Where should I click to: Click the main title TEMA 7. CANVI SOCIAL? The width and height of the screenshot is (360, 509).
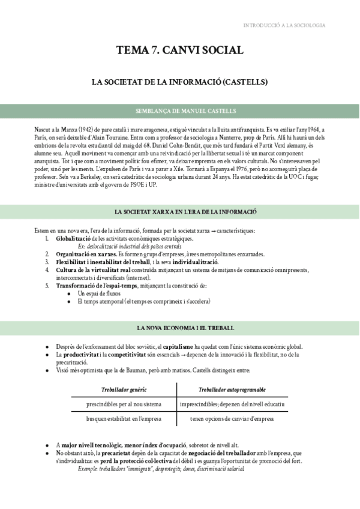point(179,50)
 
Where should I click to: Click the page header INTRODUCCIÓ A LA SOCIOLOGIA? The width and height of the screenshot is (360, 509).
point(284,25)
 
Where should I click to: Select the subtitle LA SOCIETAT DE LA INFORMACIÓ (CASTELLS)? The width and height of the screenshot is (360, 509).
point(179,82)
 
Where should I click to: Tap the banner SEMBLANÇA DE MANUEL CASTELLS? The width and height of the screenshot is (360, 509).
point(179,111)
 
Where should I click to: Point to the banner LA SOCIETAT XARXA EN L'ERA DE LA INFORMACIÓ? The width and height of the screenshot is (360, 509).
point(179,212)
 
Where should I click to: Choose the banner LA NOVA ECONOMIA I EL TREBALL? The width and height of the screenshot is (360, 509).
point(179,328)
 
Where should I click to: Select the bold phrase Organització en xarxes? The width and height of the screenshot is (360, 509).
point(83,254)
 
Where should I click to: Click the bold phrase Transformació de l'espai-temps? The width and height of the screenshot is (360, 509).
point(94,285)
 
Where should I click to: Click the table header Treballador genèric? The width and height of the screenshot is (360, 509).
point(124,390)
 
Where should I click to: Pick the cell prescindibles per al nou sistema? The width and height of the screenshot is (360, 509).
point(124,404)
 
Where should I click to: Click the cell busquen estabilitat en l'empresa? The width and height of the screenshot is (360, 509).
point(124,418)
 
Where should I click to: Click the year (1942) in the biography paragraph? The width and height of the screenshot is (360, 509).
point(86,130)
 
